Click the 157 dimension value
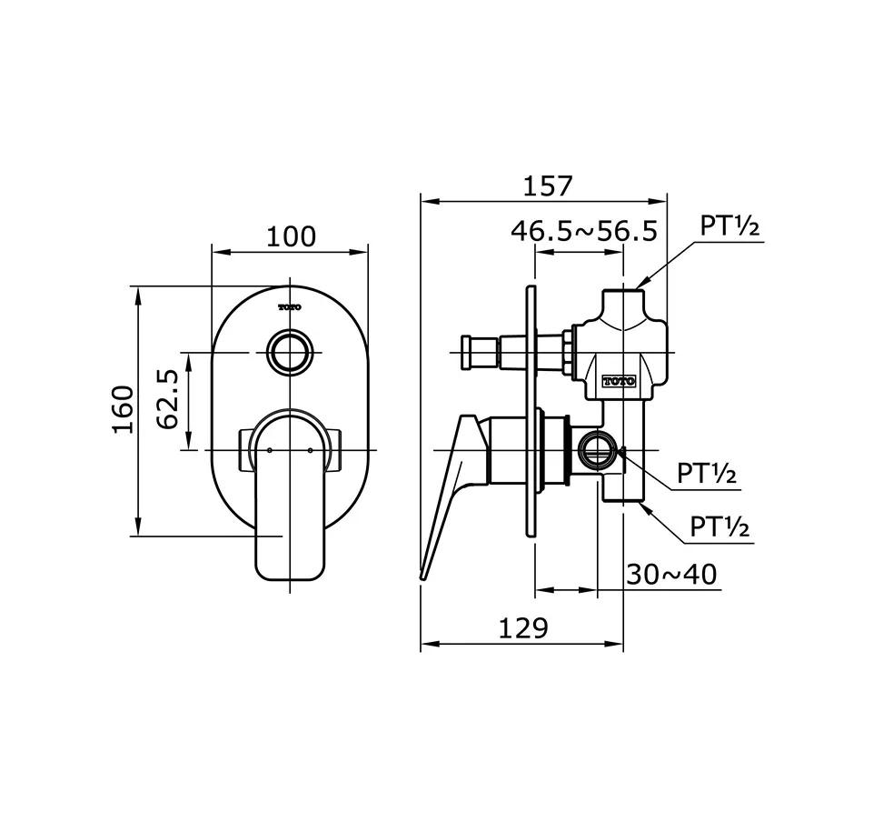548,185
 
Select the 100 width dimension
291,236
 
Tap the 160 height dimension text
122,410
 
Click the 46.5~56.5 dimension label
583,231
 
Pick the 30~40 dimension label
671,575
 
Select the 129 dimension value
522,628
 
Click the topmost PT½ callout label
729,226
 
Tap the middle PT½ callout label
707,474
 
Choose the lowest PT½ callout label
719,526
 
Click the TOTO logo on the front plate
289,307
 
